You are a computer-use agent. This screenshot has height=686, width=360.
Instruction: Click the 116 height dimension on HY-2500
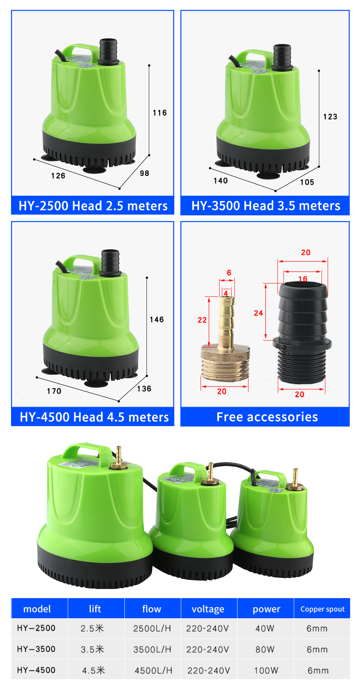160,113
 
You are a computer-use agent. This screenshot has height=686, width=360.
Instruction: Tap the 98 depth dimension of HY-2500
145,173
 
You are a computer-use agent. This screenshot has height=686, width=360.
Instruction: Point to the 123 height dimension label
330,117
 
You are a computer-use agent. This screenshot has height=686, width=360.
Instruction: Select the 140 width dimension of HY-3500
221,181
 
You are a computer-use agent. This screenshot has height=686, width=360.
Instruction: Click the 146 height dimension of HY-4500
157,320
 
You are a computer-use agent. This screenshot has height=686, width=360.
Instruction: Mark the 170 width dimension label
54,391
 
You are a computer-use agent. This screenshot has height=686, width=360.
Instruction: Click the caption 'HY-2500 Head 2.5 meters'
93,206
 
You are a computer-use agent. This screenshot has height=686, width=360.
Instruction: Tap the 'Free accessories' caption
267,417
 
